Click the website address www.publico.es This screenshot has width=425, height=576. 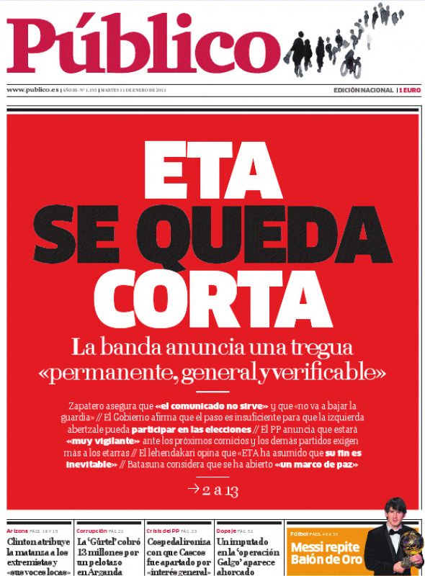point(32,90)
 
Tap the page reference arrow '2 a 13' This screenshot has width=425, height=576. point(212,490)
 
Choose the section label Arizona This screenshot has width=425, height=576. point(17,530)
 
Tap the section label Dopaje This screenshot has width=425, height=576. point(227,530)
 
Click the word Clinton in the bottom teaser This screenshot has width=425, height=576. point(22,541)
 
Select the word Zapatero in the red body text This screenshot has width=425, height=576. point(90,405)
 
